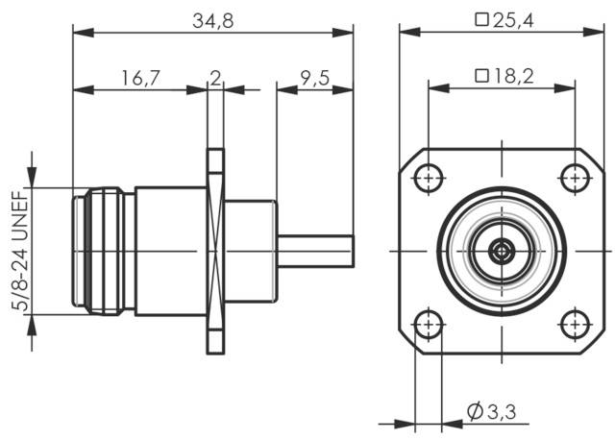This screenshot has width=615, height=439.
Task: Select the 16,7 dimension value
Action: tap(140, 78)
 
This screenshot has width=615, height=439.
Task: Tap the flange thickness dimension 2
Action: tap(215, 78)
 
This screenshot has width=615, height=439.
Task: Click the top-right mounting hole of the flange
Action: tap(575, 178)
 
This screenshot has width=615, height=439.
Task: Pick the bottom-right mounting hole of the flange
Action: tap(575, 325)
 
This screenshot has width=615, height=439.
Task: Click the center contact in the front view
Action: tap(501, 252)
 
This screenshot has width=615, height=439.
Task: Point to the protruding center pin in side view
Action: tap(316, 252)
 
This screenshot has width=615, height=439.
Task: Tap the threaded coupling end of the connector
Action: tap(104, 252)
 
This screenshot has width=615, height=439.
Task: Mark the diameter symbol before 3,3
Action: tap(475, 412)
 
